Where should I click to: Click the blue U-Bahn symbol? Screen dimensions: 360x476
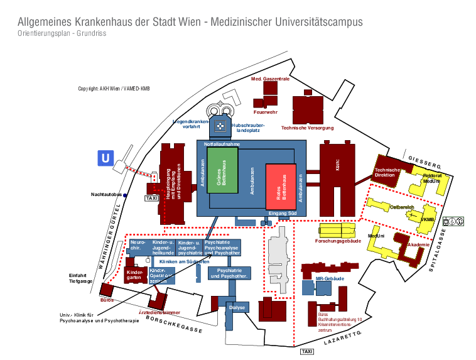[105, 158]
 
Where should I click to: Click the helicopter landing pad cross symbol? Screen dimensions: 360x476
[220, 126]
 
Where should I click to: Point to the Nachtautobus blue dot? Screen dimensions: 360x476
[125, 195]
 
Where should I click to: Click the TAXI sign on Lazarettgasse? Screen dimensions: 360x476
[307, 351]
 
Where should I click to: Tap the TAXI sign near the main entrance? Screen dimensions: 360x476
[151, 198]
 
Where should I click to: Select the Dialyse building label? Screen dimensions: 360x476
[237, 307]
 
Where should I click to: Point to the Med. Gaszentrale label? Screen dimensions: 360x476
[270, 79]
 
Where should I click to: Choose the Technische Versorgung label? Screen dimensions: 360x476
[307, 128]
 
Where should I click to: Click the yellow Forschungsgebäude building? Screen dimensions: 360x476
[338, 231]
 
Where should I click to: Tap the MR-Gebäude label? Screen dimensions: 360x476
[329, 278]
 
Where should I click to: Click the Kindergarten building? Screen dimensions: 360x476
[134, 275]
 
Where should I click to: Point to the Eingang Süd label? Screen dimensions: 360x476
[282, 214]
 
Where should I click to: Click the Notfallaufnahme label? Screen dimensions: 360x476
[222, 144]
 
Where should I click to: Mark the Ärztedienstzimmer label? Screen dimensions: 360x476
[160, 312]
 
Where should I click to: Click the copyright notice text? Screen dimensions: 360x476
[114, 89]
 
